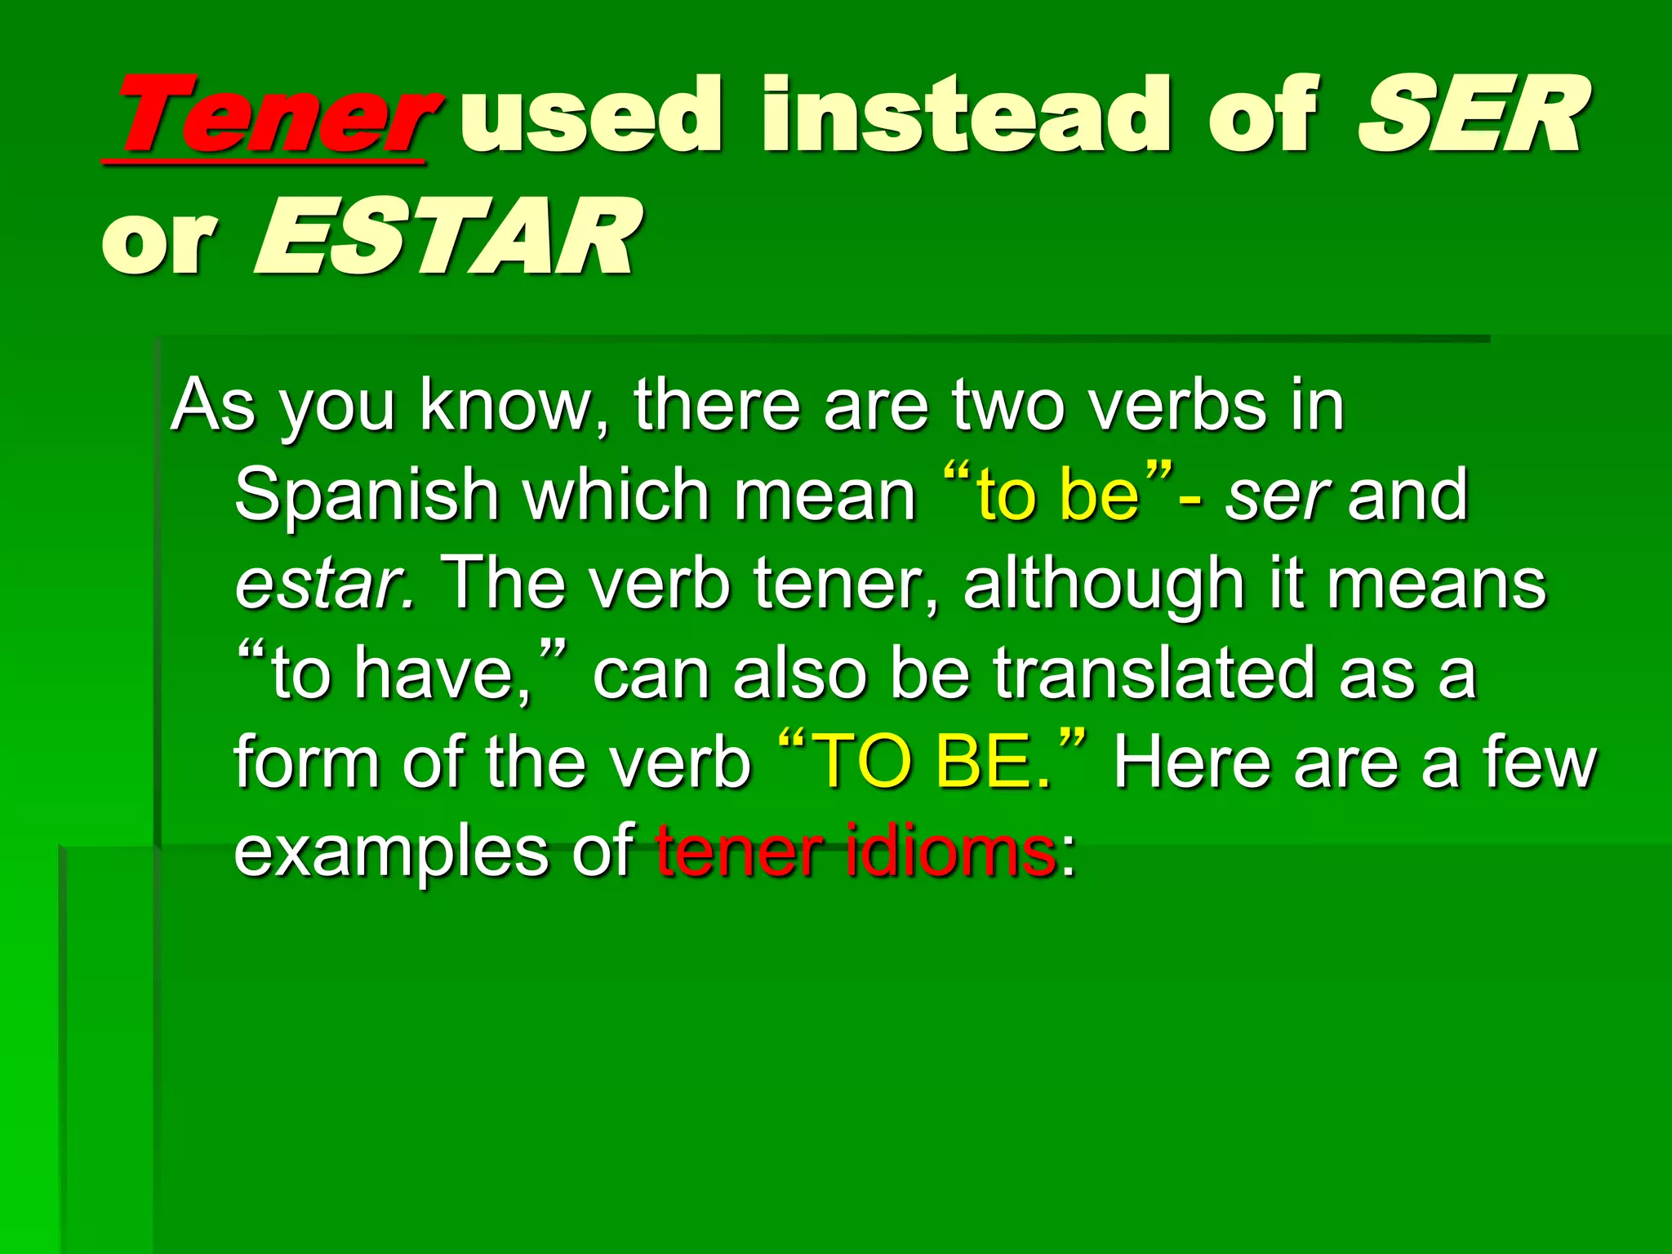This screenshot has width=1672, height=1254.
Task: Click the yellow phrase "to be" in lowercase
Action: point(1058,495)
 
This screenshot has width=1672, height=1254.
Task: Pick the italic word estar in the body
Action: point(323,585)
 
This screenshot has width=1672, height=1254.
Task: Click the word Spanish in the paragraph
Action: point(367,496)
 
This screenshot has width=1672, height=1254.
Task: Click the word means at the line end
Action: point(1436,585)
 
